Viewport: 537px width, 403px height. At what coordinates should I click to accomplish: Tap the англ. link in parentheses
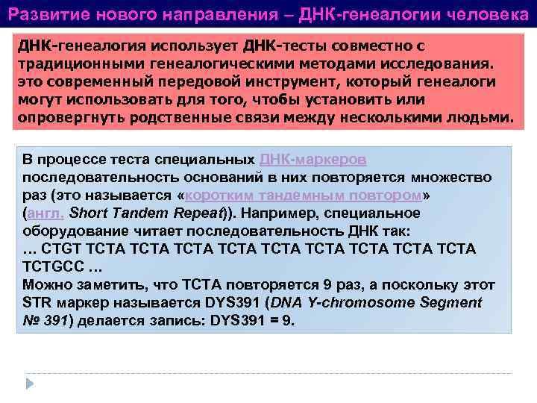45,213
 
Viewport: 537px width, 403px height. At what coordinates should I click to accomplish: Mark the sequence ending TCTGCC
52,266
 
